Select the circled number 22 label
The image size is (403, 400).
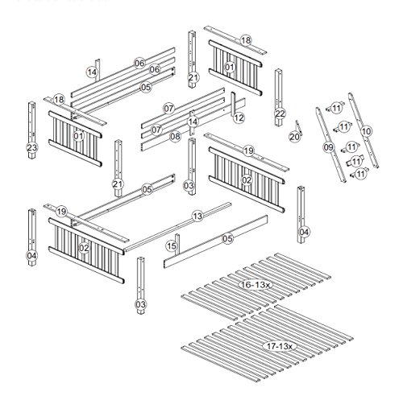280,114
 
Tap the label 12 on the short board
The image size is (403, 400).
239,118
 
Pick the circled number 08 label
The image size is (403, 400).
175,137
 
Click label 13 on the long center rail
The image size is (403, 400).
197,216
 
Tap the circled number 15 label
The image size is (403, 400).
172,245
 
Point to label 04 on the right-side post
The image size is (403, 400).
304,232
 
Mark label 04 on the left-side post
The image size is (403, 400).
31,256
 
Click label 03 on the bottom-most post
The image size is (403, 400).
141,305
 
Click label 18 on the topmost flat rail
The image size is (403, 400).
246,39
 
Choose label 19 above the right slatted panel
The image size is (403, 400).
248,151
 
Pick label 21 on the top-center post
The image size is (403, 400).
193,78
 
